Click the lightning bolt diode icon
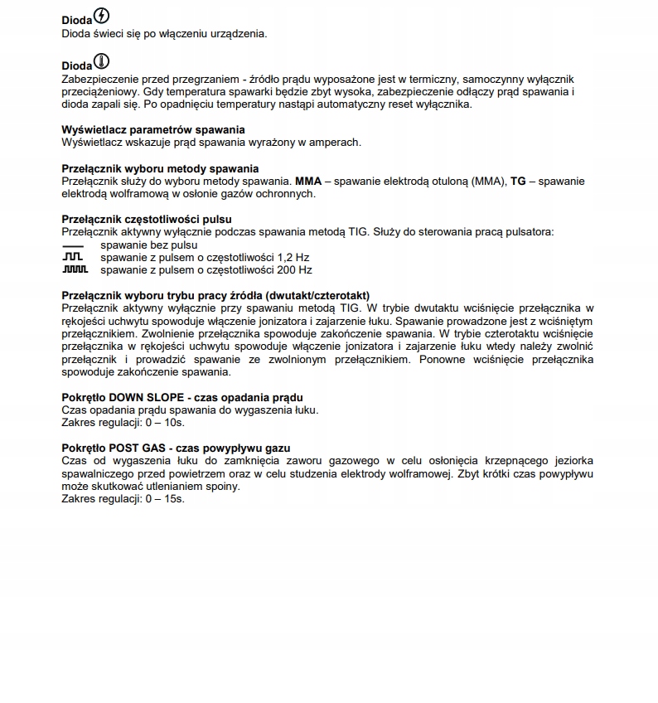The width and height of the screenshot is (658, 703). tap(102, 16)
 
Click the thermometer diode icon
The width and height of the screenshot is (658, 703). tap(102, 62)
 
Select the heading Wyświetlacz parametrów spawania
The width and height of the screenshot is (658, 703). tap(153, 129)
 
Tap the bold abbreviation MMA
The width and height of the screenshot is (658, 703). tap(308, 181)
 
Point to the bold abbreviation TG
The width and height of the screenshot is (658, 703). tap(518, 181)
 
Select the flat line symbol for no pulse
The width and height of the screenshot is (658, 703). tap(74, 246)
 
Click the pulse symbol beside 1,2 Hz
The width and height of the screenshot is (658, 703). tap(74, 258)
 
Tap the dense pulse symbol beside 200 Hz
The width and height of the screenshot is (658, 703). tap(75, 270)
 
